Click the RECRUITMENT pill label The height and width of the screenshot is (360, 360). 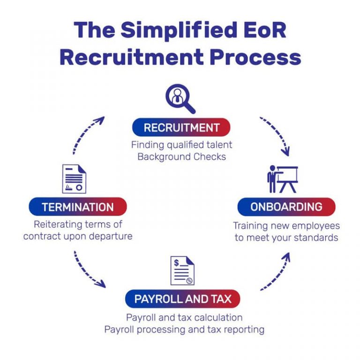coord(181,127)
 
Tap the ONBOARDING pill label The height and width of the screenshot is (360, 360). coord(286,207)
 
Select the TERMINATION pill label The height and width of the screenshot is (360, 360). coord(78,207)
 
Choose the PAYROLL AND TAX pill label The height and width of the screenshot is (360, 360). coord(183,299)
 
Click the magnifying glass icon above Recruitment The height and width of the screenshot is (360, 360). coord(180,99)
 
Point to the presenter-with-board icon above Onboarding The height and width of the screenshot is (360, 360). coord(283,179)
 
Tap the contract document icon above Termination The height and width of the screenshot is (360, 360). coord(74,179)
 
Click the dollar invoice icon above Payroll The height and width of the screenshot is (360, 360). coord(182,270)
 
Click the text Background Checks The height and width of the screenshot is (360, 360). coord(181,157)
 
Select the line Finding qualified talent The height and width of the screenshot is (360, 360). coord(181,145)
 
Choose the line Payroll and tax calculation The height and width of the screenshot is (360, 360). coord(184,317)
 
